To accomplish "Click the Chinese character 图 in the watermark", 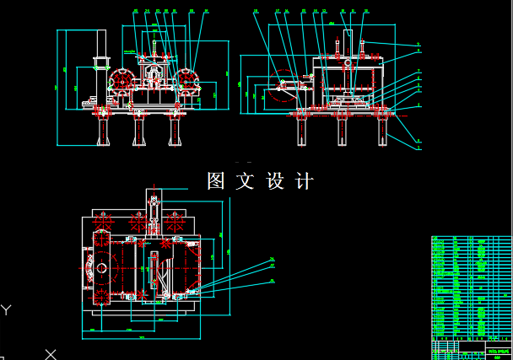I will point(217,180).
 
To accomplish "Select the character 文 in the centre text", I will point(245,180).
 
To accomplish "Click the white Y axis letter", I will point(7,309).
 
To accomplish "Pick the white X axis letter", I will point(51,353).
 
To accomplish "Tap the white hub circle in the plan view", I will point(101,269).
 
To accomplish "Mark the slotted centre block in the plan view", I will point(154,270).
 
